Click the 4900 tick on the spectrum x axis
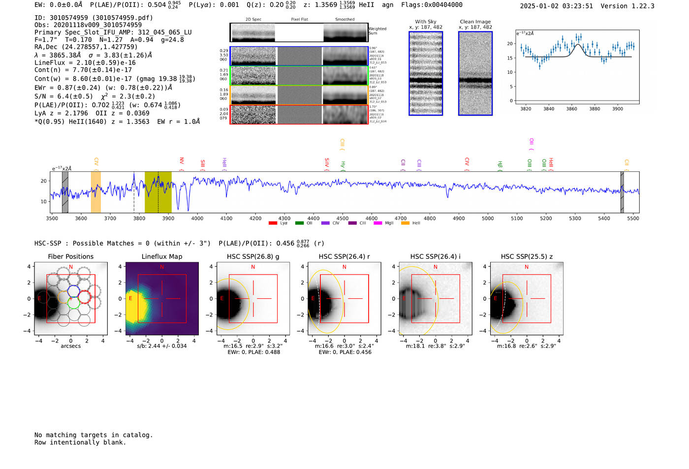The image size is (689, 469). tap(459, 219)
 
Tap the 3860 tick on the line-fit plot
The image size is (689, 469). tap(571, 109)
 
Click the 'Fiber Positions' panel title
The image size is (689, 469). tap(70, 256)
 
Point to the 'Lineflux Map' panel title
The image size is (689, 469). tap(162, 256)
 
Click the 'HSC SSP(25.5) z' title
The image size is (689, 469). tap(527, 256)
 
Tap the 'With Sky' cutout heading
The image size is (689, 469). tap(426, 22)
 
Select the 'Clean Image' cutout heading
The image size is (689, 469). tap(475, 22)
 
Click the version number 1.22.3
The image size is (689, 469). tap(641, 6)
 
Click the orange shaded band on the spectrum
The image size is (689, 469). tap(95, 192)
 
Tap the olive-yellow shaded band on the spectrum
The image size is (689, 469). tap(158, 192)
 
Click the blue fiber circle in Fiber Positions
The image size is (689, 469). tap(73, 291)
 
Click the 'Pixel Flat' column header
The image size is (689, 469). tap(299, 19)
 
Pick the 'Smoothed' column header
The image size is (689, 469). tap(344, 19)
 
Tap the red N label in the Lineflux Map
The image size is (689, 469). tap(162, 267)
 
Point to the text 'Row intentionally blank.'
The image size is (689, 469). tap(80, 442)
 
